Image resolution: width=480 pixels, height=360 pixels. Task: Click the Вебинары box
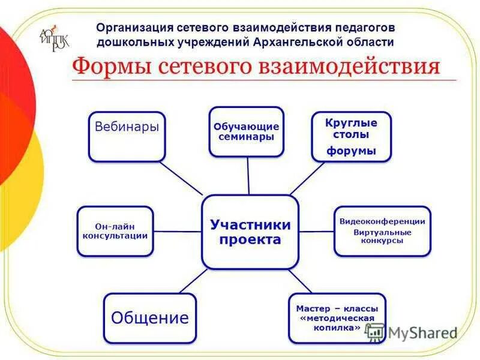coord(127,136)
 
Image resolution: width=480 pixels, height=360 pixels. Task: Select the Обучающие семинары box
coord(247,132)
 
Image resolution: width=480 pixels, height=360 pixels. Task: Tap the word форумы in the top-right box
coord(351,151)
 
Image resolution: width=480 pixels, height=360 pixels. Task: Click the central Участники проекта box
coord(250,232)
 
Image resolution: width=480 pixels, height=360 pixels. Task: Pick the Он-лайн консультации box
coord(115,231)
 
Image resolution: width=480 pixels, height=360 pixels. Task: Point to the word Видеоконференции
coord(382,221)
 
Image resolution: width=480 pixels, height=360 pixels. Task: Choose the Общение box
coord(149,317)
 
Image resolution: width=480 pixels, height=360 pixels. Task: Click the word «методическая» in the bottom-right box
coord(337,318)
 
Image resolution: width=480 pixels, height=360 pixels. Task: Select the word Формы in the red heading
coord(109,65)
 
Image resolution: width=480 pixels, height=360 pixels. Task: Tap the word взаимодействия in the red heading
coord(349,65)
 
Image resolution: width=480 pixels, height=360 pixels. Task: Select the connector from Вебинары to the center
coord(183,178)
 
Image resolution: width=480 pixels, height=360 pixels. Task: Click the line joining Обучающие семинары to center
coord(248,176)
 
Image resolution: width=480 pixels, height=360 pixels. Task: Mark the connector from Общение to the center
coord(193,280)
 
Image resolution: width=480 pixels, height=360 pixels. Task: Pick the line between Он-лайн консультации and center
coord(178,231)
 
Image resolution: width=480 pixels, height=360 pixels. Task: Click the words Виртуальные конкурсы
coord(382,236)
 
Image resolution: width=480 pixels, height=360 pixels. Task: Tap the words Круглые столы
coord(351,128)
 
